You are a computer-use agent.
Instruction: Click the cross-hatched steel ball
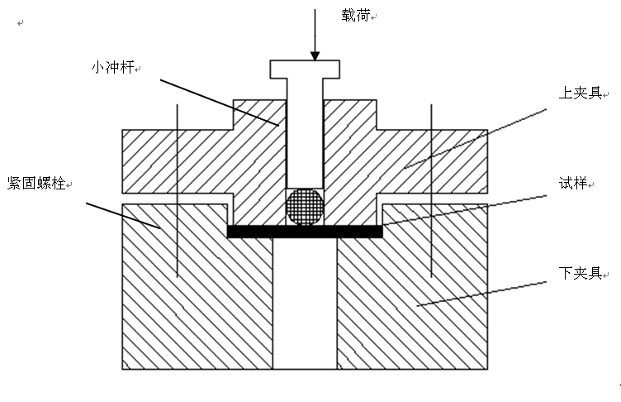coord(304,207)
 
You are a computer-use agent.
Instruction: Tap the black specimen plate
coord(304,232)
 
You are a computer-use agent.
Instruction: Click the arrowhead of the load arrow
coord(315,56)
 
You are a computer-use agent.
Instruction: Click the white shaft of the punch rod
coord(305,132)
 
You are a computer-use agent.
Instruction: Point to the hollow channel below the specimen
coord(305,306)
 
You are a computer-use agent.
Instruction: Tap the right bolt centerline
coord(432,190)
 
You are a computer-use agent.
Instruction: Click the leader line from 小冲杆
coord(219,103)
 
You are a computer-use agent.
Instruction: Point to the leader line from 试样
coord(462,210)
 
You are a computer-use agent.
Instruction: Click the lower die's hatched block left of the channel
coord(198,306)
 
